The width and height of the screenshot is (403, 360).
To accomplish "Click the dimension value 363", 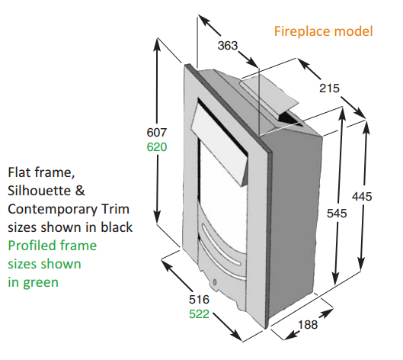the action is coord(228,46).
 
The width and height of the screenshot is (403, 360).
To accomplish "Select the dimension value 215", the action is coord(329,88).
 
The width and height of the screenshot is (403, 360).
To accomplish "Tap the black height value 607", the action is coord(157,133).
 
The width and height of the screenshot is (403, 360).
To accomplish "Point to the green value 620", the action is coord(157,147).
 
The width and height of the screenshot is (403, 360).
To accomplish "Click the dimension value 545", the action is coord(337,214).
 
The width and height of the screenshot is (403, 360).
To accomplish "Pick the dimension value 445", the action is coord(362,197).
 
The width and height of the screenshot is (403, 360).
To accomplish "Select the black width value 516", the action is coord(199,300).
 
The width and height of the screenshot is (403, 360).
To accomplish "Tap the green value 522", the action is coord(199,314).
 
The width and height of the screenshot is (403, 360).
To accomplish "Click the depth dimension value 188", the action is coord(308,325).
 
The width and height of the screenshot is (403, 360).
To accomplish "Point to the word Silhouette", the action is coord(40,191).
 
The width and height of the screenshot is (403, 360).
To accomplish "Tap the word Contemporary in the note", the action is coord(53,209).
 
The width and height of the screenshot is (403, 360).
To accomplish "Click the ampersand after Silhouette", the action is coord(80,191).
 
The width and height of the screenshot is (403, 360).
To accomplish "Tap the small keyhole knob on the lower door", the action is coord(215,282).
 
